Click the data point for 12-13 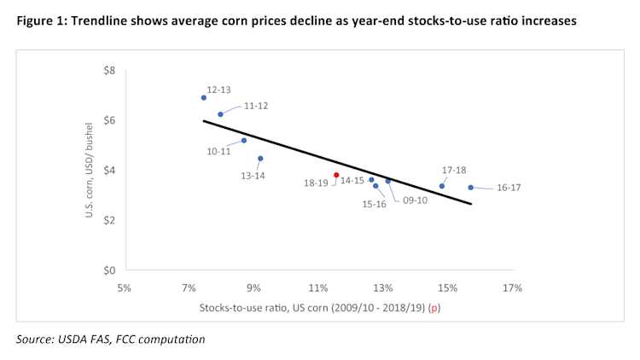pyautogui.click(x=204, y=97)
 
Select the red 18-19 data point pyautogui.click(x=336, y=175)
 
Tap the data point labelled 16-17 pyautogui.click(x=470, y=188)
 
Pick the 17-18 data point pyautogui.click(x=442, y=186)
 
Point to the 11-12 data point pyautogui.click(x=220, y=114)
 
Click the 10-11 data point pyautogui.click(x=244, y=141)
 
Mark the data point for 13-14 pyautogui.click(x=260, y=159)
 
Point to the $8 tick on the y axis pyautogui.click(x=109, y=70)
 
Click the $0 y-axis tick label pyautogui.click(x=109, y=270)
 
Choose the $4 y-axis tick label pyautogui.click(x=109, y=171)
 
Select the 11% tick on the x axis pyautogui.click(x=318, y=287)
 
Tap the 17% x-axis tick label pyautogui.click(x=512, y=287)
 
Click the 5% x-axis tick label pyautogui.click(x=124, y=287)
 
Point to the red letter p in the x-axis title pyautogui.click(x=435, y=307)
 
